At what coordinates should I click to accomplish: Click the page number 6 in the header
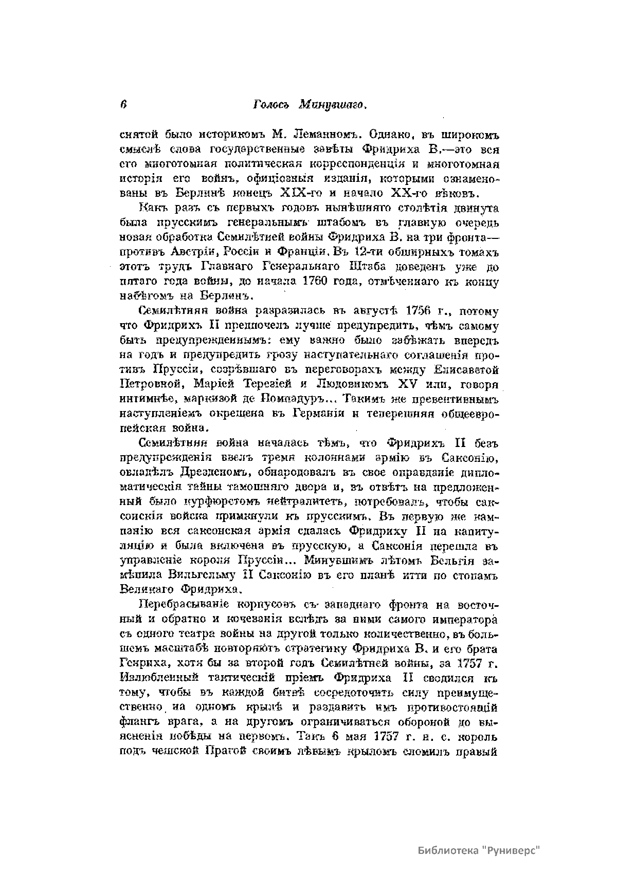coord(123,104)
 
